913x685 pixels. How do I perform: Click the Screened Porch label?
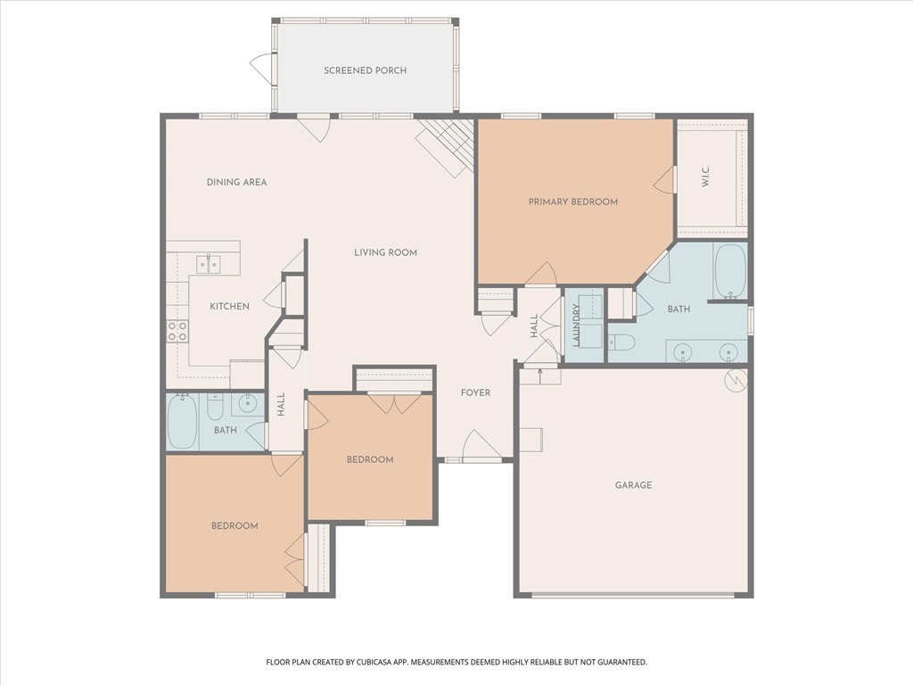[365, 70]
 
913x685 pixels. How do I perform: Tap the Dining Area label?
[236, 182]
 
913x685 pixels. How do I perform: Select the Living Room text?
[385, 252]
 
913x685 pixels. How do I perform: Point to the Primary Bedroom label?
[572, 202]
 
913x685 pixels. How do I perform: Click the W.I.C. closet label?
[705, 178]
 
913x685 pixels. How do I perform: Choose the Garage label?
[633, 485]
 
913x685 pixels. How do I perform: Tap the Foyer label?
[475, 392]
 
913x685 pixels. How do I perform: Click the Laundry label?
[576, 325]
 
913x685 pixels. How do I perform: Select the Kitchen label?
[229, 306]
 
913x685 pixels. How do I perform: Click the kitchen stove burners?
[177, 332]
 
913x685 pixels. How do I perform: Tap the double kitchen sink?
[209, 264]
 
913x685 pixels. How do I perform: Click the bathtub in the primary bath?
[730, 270]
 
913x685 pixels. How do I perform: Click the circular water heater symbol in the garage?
[736, 378]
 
